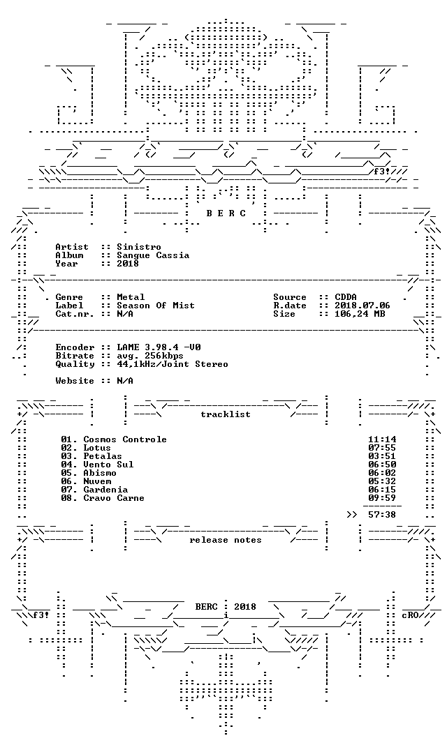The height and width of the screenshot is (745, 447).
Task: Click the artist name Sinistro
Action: click(x=139, y=247)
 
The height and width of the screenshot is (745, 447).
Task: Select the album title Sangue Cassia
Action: click(x=153, y=255)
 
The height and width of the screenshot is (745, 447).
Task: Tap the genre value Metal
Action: click(x=131, y=297)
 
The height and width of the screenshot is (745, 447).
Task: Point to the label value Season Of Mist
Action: click(x=156, y=306)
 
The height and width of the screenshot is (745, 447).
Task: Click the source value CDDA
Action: click(x=346, y=297)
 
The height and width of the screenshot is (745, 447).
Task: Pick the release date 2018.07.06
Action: click(x=362, y=306)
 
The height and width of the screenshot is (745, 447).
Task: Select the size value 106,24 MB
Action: click(x=360, y=314)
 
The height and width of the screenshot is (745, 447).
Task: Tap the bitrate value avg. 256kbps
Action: click(x=150, y=356)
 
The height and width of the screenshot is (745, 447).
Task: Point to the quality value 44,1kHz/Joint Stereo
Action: click(x=173, y=364)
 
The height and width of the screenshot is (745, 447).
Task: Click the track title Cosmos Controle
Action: click(x=125, y=439)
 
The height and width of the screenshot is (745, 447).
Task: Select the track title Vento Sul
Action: click(x=108, y=465)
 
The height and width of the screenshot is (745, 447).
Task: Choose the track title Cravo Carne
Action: click(x=114, y=498)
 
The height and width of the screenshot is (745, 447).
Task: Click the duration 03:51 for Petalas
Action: click(x=382, y=456)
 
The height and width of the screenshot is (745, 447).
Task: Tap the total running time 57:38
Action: click(x=382, y=515)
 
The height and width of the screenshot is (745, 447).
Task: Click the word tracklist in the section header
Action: click(x=226, y=414)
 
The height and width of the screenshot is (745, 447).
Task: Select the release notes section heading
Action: click(x=226, y=540)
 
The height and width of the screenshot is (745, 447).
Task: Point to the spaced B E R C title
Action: click(x=226, y=213)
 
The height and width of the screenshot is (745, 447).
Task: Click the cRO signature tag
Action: click(x=410, y=615)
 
